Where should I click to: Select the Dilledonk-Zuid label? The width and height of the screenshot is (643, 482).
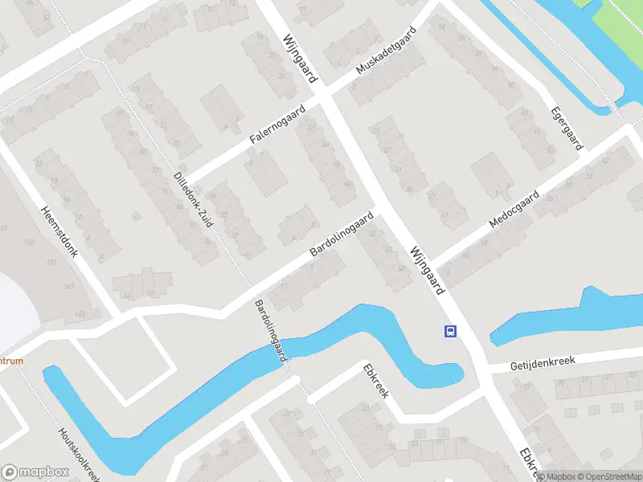coord(193,200)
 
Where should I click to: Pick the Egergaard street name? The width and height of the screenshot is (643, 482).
coord(567,128)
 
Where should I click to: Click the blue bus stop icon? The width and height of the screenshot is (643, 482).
coord(450,331)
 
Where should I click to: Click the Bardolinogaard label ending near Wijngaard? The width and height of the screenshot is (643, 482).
coord(342,235)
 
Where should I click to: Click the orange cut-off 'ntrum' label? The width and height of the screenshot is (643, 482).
coord(10,361)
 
